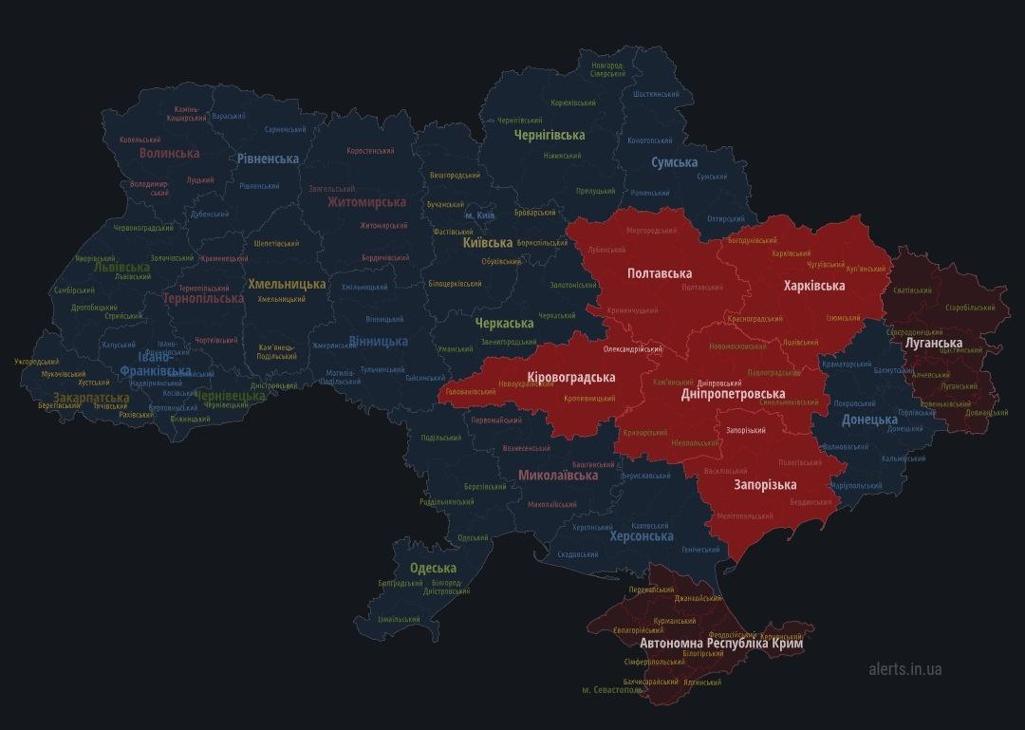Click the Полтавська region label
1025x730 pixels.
(x=659, y=273)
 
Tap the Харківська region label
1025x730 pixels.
(x=813, y=286)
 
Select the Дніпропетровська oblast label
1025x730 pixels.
(x=733, y=394)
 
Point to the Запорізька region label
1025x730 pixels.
(x=765, y=485)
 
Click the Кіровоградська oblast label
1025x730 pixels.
(x=570, y=378)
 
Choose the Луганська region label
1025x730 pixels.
(x=934, y=343)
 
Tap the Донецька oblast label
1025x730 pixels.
(x=869, y=420)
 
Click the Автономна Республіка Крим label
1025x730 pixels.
(x=721, y=644)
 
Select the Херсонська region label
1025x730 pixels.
(x=641, y=536)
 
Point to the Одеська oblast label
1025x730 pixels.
(x=433, y=569)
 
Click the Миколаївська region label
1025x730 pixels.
(x=558, y=475)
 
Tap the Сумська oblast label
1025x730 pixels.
(x=674, y=163)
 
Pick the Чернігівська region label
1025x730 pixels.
(x=549, y=135)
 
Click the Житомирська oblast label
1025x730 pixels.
(x=366, y=202)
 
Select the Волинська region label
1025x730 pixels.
(x=169, y=153)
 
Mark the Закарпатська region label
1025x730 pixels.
(x=91, y=398)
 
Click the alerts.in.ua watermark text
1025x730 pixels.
(x=904, y=669)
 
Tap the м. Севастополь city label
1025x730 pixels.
(x=612, y=690)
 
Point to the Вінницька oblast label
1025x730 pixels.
(x=378, y=342)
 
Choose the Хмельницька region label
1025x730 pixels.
(x=287, y=284)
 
